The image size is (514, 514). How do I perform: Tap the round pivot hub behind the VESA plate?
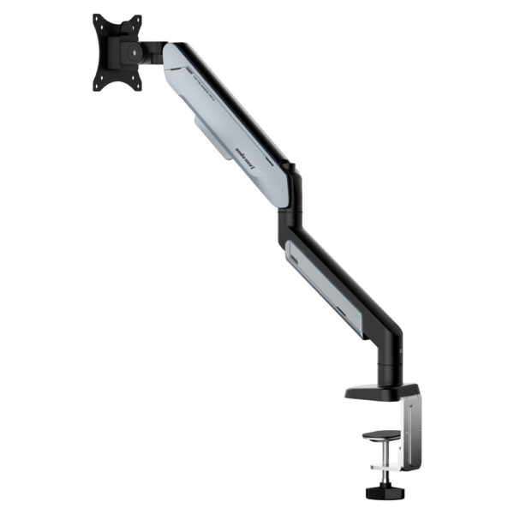pos(130,52)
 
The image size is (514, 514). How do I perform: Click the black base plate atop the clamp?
pos(377,392)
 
